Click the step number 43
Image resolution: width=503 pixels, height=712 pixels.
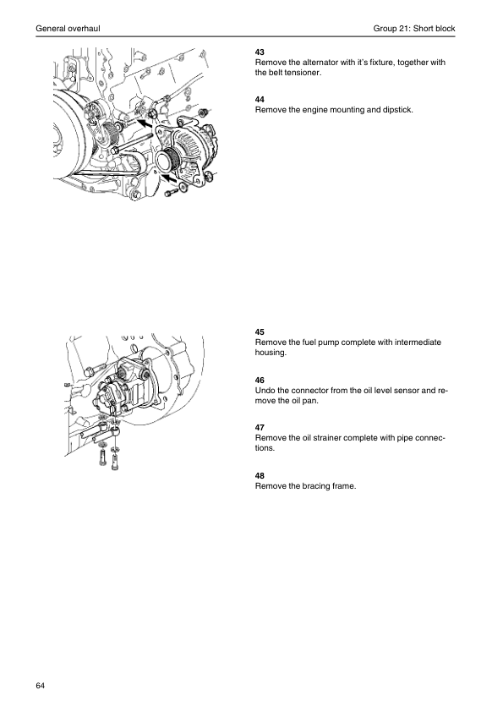tap(260, 52)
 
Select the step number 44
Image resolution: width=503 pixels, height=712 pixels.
tap(260, 100)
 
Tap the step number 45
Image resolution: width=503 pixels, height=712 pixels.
tap(260, 332)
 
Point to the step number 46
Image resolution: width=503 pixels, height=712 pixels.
tap(260, 380)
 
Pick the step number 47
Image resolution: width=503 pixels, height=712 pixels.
tap(260, 427)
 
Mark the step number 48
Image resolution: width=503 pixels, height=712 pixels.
tap(260, 476)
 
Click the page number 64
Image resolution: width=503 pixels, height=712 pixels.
tap(41, 686)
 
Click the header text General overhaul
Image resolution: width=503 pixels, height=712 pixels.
tap(68, 29)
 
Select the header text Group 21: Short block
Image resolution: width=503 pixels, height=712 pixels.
tap(414, 29)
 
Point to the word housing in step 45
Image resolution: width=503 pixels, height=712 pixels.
tap(271, 353)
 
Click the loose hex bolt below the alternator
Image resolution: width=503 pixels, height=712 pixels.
tap(169, 193)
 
